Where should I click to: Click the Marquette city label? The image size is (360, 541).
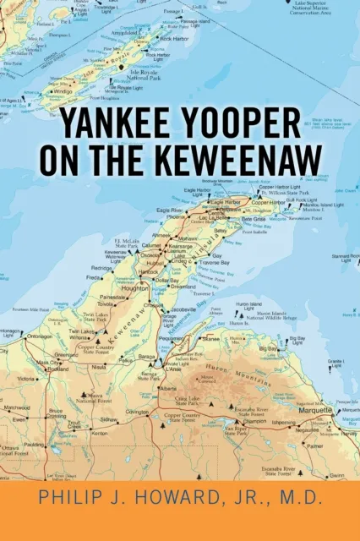tap(315, 409)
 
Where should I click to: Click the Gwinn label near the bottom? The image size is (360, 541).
tap(337, 476)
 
